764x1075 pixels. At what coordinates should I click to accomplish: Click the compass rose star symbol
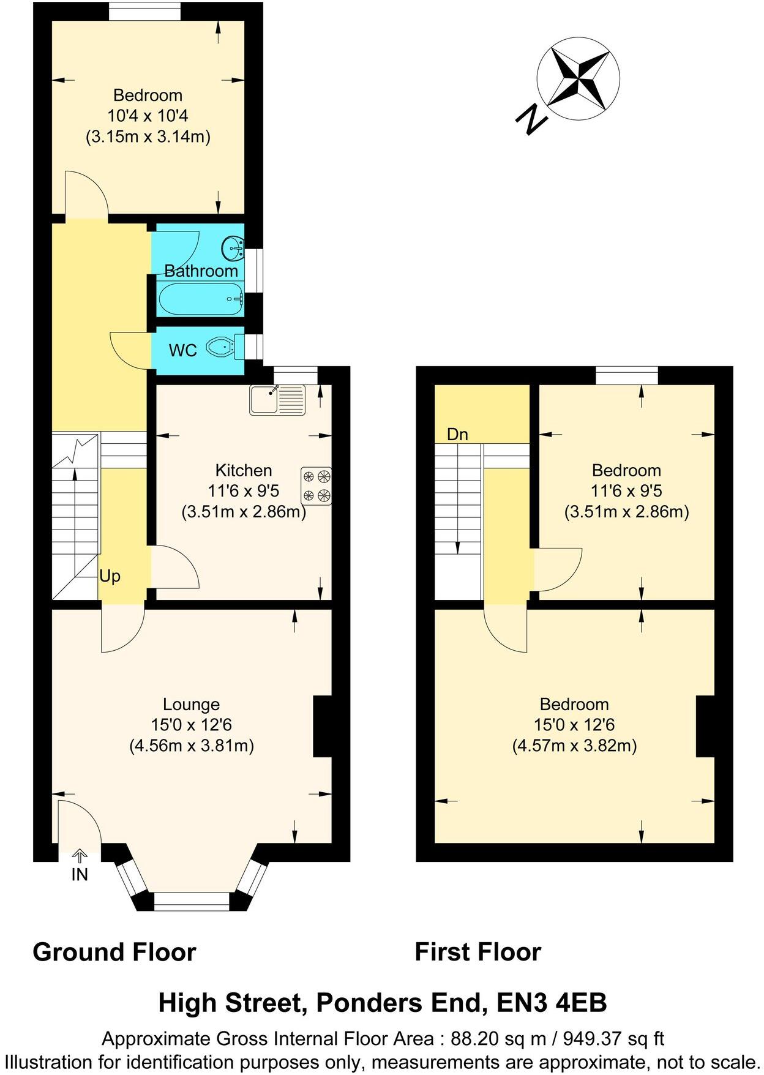tap(578, 78)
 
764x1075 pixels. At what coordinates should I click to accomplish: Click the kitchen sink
tap(277, 399)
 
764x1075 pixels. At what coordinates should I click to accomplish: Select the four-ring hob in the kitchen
tap(316, 485)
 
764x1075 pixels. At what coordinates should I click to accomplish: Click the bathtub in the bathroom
tap(201, 299)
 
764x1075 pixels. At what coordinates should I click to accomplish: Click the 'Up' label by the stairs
tap(110, 576)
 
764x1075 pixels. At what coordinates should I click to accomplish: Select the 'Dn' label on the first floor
tap(457, 434)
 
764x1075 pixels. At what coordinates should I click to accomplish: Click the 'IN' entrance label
tap(80, 875)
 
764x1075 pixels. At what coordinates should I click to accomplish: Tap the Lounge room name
tap(191, 704)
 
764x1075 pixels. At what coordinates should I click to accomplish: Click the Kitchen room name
tap(244, 470)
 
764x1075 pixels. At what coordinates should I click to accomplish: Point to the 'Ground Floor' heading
tap(114, 953)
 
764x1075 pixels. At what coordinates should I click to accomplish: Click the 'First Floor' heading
tap(478, 953)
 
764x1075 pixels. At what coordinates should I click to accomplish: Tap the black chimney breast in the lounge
tap(322, 726)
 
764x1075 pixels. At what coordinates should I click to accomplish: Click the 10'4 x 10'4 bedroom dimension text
tap(148, 115)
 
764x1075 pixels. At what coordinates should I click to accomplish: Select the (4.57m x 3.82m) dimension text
tap(574, 746)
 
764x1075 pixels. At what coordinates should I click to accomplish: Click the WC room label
tap(183, 350)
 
